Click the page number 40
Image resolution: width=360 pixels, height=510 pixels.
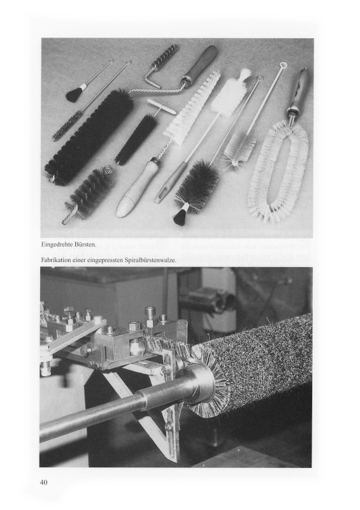(x=43, y=482)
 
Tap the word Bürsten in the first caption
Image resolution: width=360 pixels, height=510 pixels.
(x=85, y=244)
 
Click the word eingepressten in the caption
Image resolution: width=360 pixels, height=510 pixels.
(x=104, y=261)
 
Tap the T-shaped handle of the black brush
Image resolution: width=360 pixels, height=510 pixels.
(x=162, y=106)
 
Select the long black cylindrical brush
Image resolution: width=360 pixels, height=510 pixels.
(x=89, y=136)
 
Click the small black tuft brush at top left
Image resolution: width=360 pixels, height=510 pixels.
(x=75, y=93)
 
